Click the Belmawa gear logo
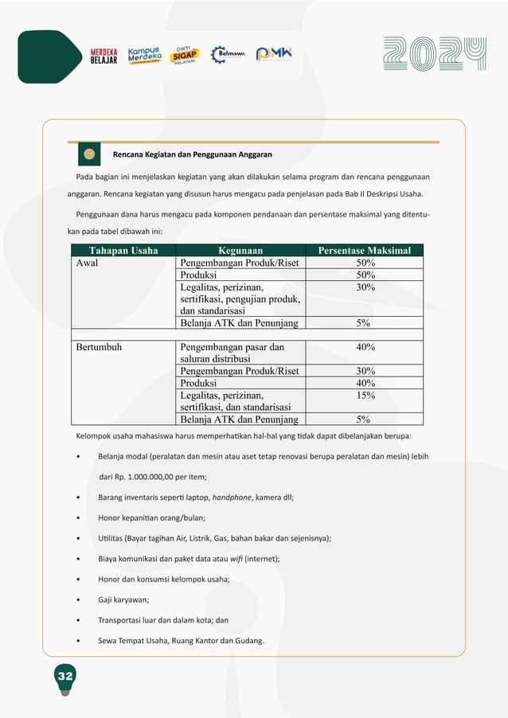click(228, 54)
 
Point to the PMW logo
click(274, 54)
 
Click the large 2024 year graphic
click(435, 54)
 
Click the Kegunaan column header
click(240, 251)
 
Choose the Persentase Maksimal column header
click(365, 251)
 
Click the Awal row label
click(87, 263)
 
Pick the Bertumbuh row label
click(99, 347)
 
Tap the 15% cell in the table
click(365, 395)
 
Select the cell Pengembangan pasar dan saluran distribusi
click(233, 353)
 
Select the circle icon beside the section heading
click(89, 154)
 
